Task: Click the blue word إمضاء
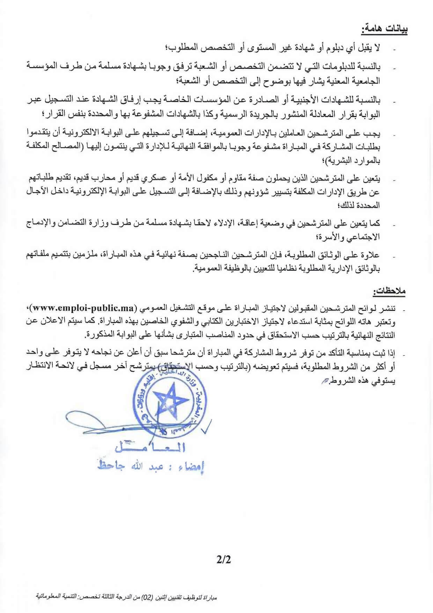[x=191, y=467]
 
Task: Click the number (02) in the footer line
[x=149, y=597]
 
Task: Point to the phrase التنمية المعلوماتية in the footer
[x=56, y=596]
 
